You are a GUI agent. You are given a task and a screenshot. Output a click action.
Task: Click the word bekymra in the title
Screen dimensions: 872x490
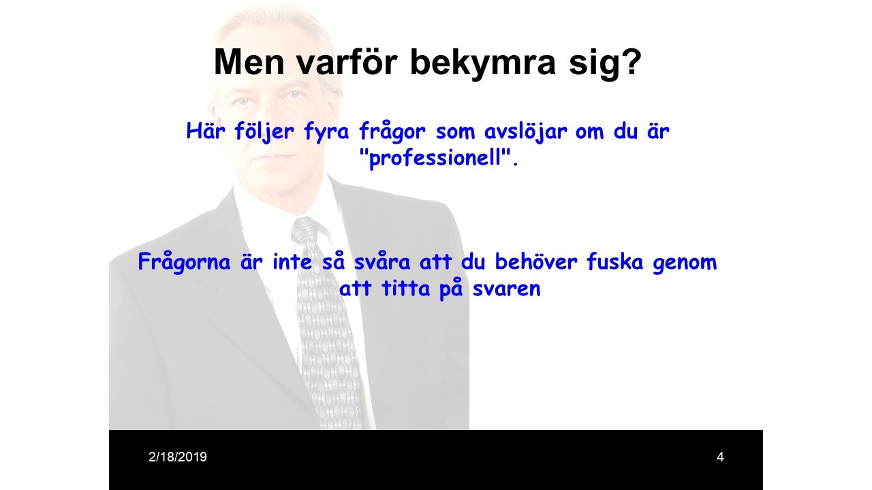pos(483,62)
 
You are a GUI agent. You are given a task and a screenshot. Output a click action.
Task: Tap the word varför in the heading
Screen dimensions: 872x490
pos(347,61)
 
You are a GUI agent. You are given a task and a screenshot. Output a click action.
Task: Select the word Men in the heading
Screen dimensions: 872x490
pos(249,62)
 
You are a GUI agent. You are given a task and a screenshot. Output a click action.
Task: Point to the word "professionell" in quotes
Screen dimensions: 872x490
pos(439,158)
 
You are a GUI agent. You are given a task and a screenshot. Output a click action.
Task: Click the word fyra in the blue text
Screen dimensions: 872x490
pos(326,131)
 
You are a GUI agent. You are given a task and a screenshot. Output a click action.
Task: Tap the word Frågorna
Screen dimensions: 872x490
pos(185,263)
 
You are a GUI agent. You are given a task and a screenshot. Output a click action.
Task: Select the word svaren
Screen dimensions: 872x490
pos(506,289)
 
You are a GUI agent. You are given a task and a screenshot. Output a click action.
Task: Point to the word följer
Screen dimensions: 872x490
pos(264,131)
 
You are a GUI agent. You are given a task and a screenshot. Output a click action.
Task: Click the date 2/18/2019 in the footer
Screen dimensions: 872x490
pos(178,457)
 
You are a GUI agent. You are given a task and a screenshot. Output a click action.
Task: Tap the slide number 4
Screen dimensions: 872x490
pos(720,457)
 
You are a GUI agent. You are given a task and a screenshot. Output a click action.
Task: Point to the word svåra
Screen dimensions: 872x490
pos(382,261)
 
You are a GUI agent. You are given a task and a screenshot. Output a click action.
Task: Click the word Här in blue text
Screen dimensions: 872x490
pos(206,131)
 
